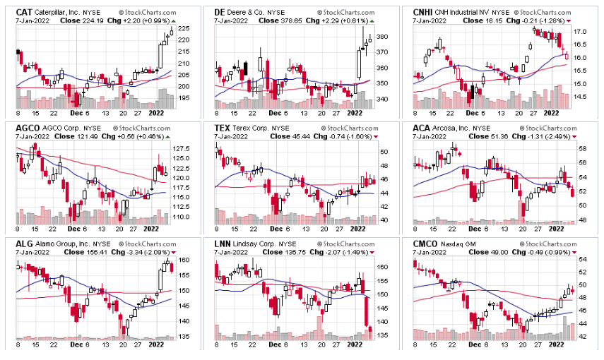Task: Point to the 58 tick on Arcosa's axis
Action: click(581, 150)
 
